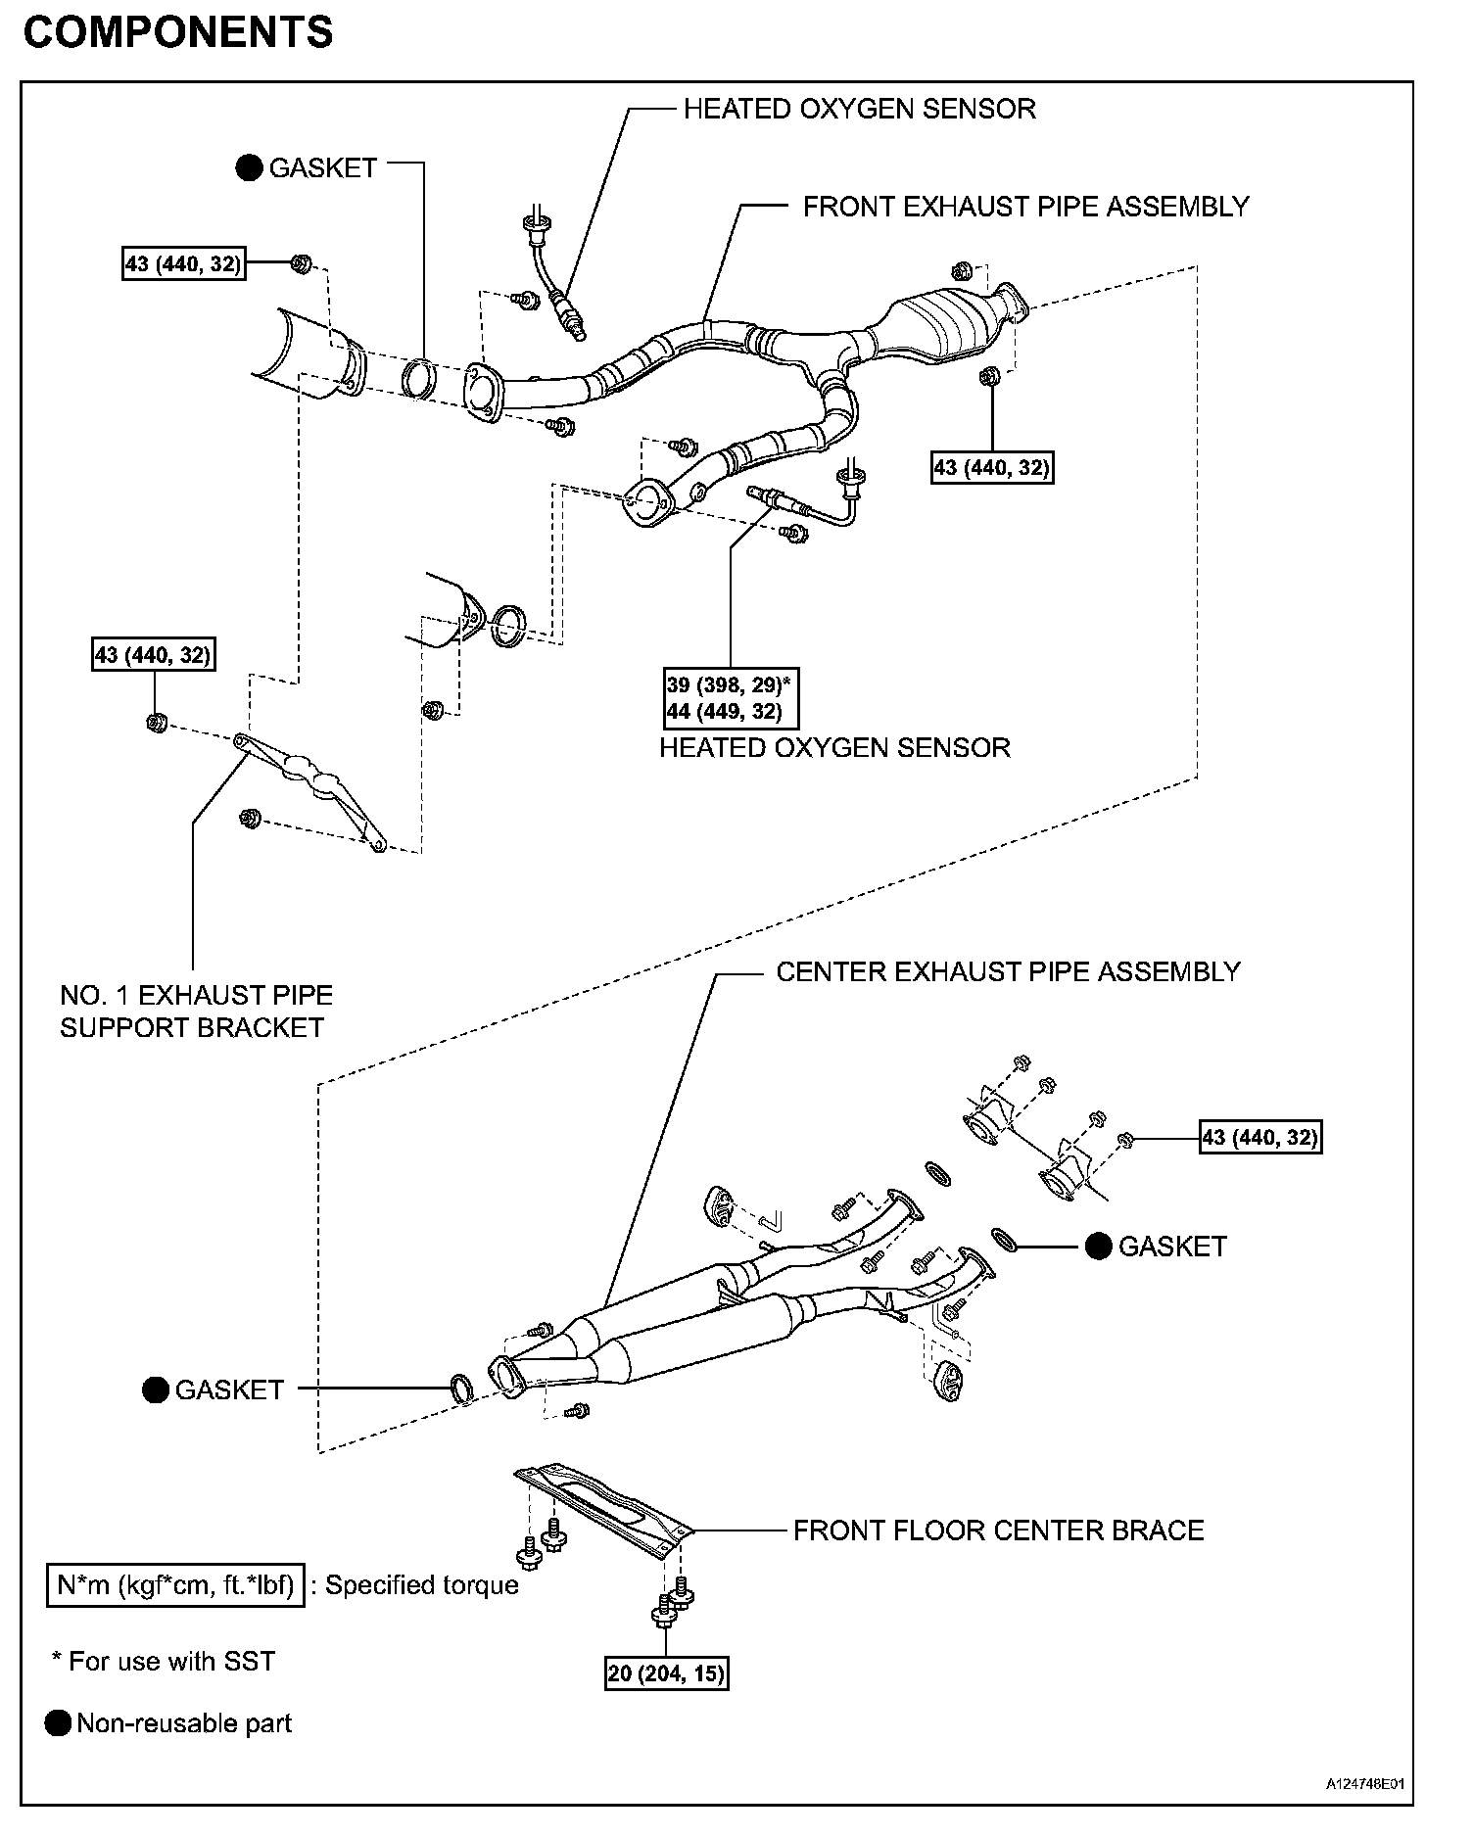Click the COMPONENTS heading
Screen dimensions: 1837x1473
coord(177,33)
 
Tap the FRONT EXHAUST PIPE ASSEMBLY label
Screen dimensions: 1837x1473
coord(1025,207)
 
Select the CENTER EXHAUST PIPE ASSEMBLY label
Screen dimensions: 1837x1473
coord(1008,971)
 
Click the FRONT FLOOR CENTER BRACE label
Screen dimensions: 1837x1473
coord(998,1530)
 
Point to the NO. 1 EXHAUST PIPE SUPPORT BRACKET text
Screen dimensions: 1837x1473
coord(196,1012)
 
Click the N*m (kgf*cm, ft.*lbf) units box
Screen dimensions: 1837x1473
coord(175,1584)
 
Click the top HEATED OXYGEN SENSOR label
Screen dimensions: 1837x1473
coord(859,109)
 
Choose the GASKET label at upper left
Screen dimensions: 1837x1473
coord(322,168)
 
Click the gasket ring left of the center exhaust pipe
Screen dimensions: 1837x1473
coord(461,1388)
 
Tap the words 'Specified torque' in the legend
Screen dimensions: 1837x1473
coord(421,1584)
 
